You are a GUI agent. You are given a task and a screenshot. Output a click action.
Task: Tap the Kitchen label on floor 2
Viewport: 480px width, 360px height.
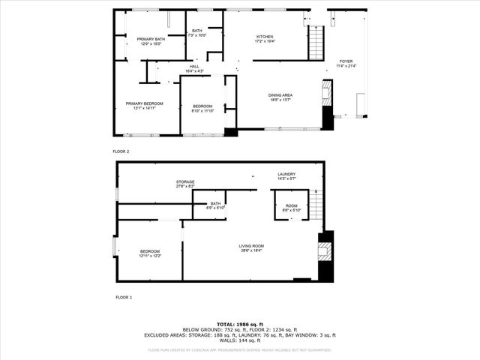pyautogui.click(x=265, y=37)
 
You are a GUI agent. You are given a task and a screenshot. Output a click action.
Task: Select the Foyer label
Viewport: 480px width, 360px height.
pyautogui.click(x=346, y=61)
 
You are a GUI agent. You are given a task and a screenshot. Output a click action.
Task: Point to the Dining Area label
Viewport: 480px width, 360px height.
pyautogui.click(x=280, y=95)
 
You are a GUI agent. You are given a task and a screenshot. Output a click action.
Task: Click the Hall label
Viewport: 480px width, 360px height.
pyautogui.click(x=194, y=67)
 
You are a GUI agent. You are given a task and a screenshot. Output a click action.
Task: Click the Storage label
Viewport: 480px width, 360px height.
pyautogui.click(x=185, y=182)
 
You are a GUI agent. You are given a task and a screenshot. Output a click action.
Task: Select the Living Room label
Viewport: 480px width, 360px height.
pyautogui.click(x=251, y=246)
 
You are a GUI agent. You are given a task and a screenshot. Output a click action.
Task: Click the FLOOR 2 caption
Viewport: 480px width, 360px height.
pyautogui.click(x=121, y=151)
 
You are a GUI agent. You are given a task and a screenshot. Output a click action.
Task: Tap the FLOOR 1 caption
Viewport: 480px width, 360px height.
pyautogui.click(x=124, y=298)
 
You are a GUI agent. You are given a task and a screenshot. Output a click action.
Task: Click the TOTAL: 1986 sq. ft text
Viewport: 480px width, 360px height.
pyautogui.click(x=239, y=324)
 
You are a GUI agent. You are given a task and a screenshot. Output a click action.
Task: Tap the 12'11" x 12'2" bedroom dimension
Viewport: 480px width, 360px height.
pyautogui.click(x=149, y=256)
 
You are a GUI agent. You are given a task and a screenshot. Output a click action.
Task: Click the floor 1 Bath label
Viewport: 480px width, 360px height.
pyautogui.click(x=216, y=203)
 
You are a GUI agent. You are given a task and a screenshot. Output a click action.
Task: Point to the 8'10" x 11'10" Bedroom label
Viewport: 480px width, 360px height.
pyautogui.click(x=202, y=108)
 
